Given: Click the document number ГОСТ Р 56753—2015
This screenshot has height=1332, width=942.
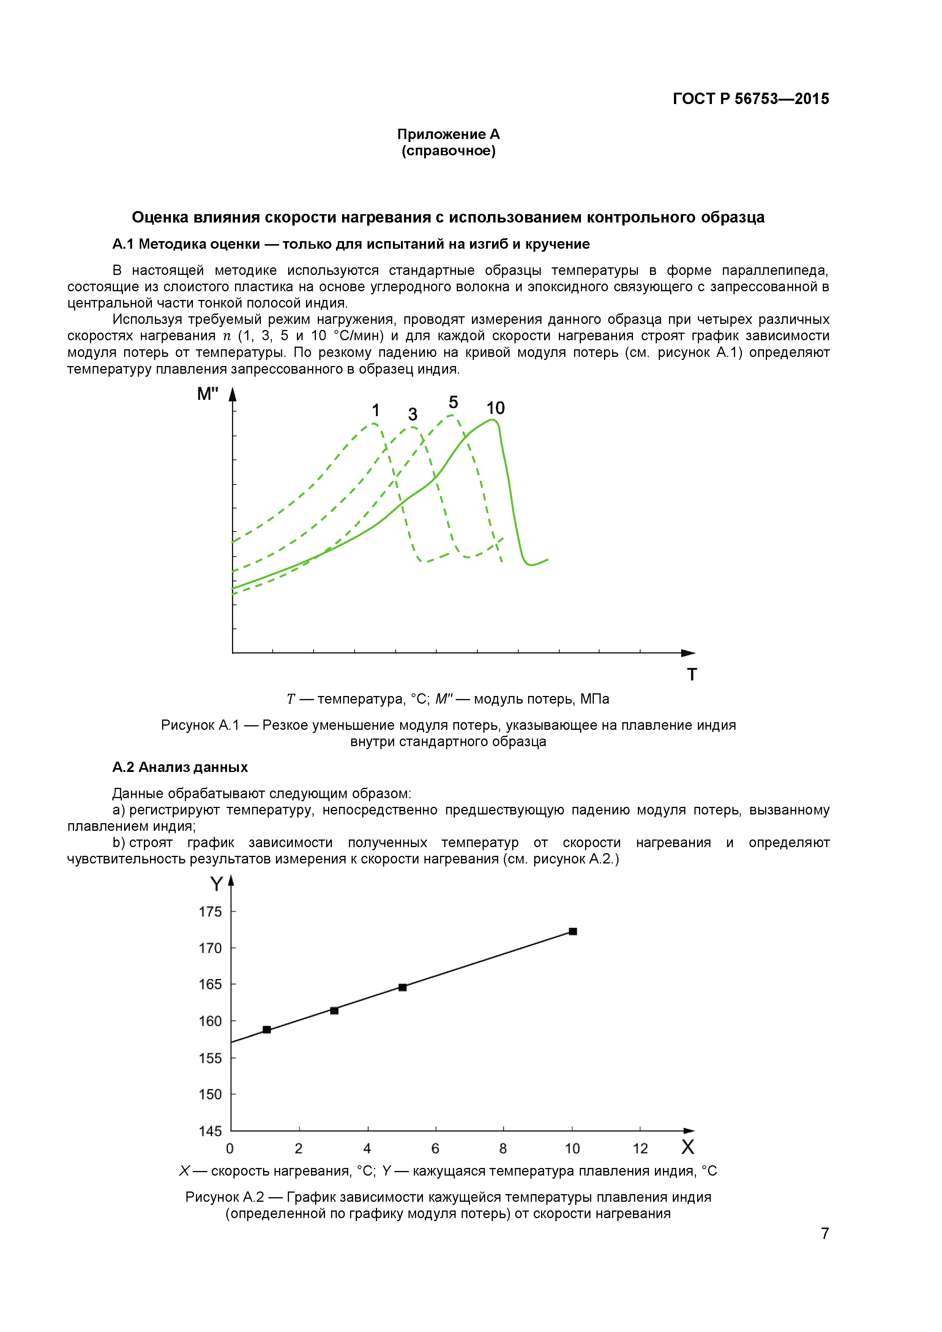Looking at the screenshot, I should pos(751,99).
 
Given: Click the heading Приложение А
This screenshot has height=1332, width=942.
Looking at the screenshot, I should pos(448,134).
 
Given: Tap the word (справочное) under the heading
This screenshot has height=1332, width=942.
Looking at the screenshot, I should pos(448,151).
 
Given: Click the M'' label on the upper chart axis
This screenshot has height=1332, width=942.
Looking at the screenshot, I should pos(208,394).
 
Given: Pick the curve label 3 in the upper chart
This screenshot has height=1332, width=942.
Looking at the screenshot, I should pos(412,414).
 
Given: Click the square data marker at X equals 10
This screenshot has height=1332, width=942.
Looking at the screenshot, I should pos(573,931).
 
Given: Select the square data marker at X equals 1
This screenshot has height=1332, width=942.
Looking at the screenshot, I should pos(267,1029).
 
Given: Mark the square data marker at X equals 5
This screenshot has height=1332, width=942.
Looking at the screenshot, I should pos(402,987).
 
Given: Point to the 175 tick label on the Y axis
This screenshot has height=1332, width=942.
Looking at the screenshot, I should pos(210,911).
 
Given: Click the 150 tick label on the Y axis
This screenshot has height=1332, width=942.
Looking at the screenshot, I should pos(210,1094).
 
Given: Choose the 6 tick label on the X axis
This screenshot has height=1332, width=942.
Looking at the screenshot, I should pos(435,1148).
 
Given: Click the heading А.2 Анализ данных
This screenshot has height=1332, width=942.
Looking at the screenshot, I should pos(180,767).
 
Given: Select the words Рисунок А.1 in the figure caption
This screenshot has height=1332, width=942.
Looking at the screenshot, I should pos(200,725).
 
